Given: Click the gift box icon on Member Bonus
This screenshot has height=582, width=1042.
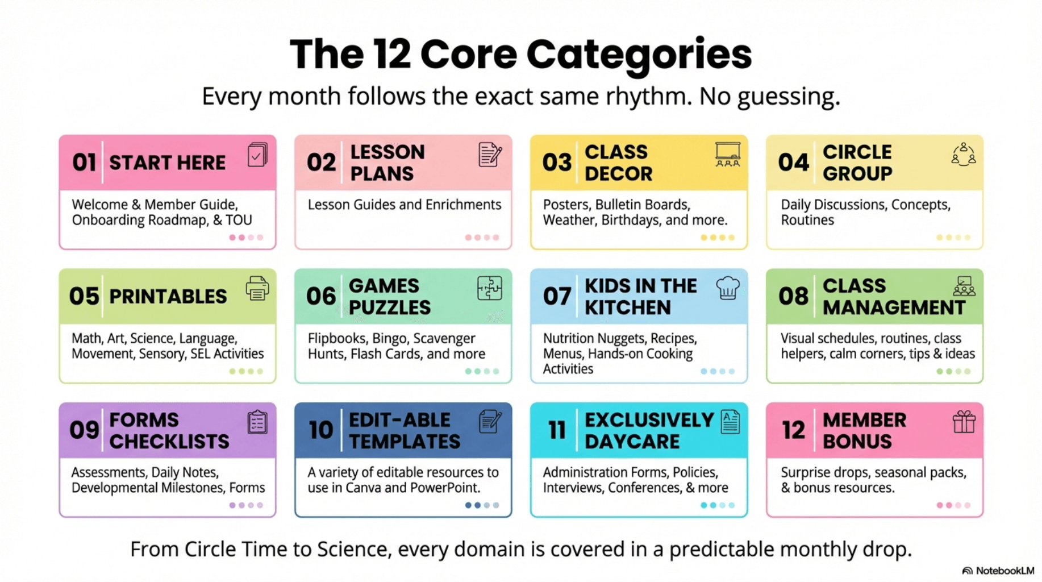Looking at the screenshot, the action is [964, 422].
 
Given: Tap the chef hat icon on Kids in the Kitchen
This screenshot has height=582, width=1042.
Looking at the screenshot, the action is [728, 288].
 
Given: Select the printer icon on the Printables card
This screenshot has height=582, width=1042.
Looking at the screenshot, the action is [257, 288].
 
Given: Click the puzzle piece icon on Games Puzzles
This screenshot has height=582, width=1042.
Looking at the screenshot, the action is [490, 288].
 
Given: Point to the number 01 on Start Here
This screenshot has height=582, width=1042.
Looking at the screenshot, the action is [84, 163].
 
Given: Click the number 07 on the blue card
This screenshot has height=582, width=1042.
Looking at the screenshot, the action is [557, 296].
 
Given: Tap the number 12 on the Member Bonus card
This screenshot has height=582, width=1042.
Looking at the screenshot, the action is [793, 430].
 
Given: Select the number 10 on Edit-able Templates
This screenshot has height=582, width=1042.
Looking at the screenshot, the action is [321, 430].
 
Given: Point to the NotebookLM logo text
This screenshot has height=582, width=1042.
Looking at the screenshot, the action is [1005, 571].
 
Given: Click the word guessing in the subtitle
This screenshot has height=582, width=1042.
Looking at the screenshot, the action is [789, 97].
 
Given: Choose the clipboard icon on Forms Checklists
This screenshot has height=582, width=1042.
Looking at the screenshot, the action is [257, 422].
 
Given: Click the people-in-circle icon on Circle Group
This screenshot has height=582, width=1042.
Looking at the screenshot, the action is [964, 154].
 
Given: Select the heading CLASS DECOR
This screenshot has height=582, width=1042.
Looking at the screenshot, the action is [619, 163].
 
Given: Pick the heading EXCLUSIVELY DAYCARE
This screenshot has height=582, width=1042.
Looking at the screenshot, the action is [649, 430].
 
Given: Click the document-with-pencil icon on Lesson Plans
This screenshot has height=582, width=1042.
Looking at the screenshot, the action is [490, 154].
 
